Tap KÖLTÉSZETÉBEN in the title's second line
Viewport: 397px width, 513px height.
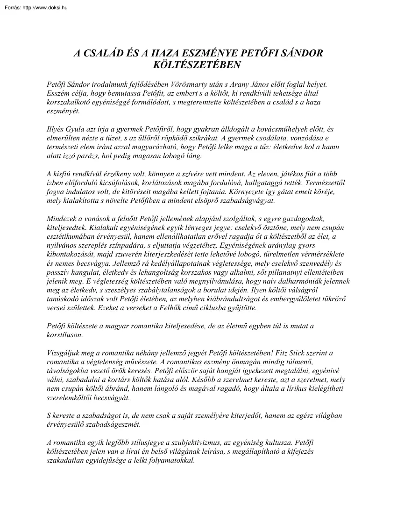(x=198, y=64)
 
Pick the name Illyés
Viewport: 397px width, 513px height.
(x=56, y=128)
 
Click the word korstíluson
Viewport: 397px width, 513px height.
(x=65, y=334)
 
